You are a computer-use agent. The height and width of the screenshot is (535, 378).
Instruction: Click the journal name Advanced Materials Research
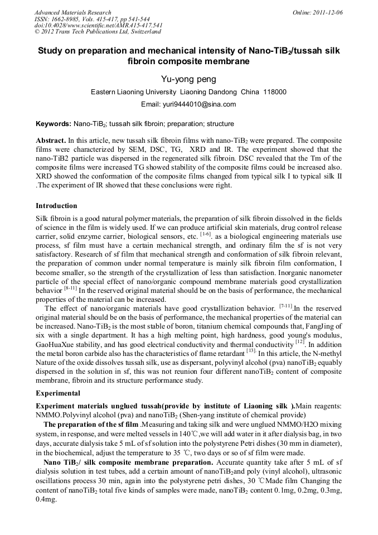pos(72,12)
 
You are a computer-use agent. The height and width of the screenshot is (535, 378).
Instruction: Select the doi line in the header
pos(99,26)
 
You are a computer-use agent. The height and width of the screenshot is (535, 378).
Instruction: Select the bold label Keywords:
pos(53,124)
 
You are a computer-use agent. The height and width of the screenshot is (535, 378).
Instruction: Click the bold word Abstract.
pos(51,141)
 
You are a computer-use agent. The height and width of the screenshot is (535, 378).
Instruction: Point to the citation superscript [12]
pos(299,341)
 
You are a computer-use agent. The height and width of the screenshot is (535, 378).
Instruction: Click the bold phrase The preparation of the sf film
pos(91,425)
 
